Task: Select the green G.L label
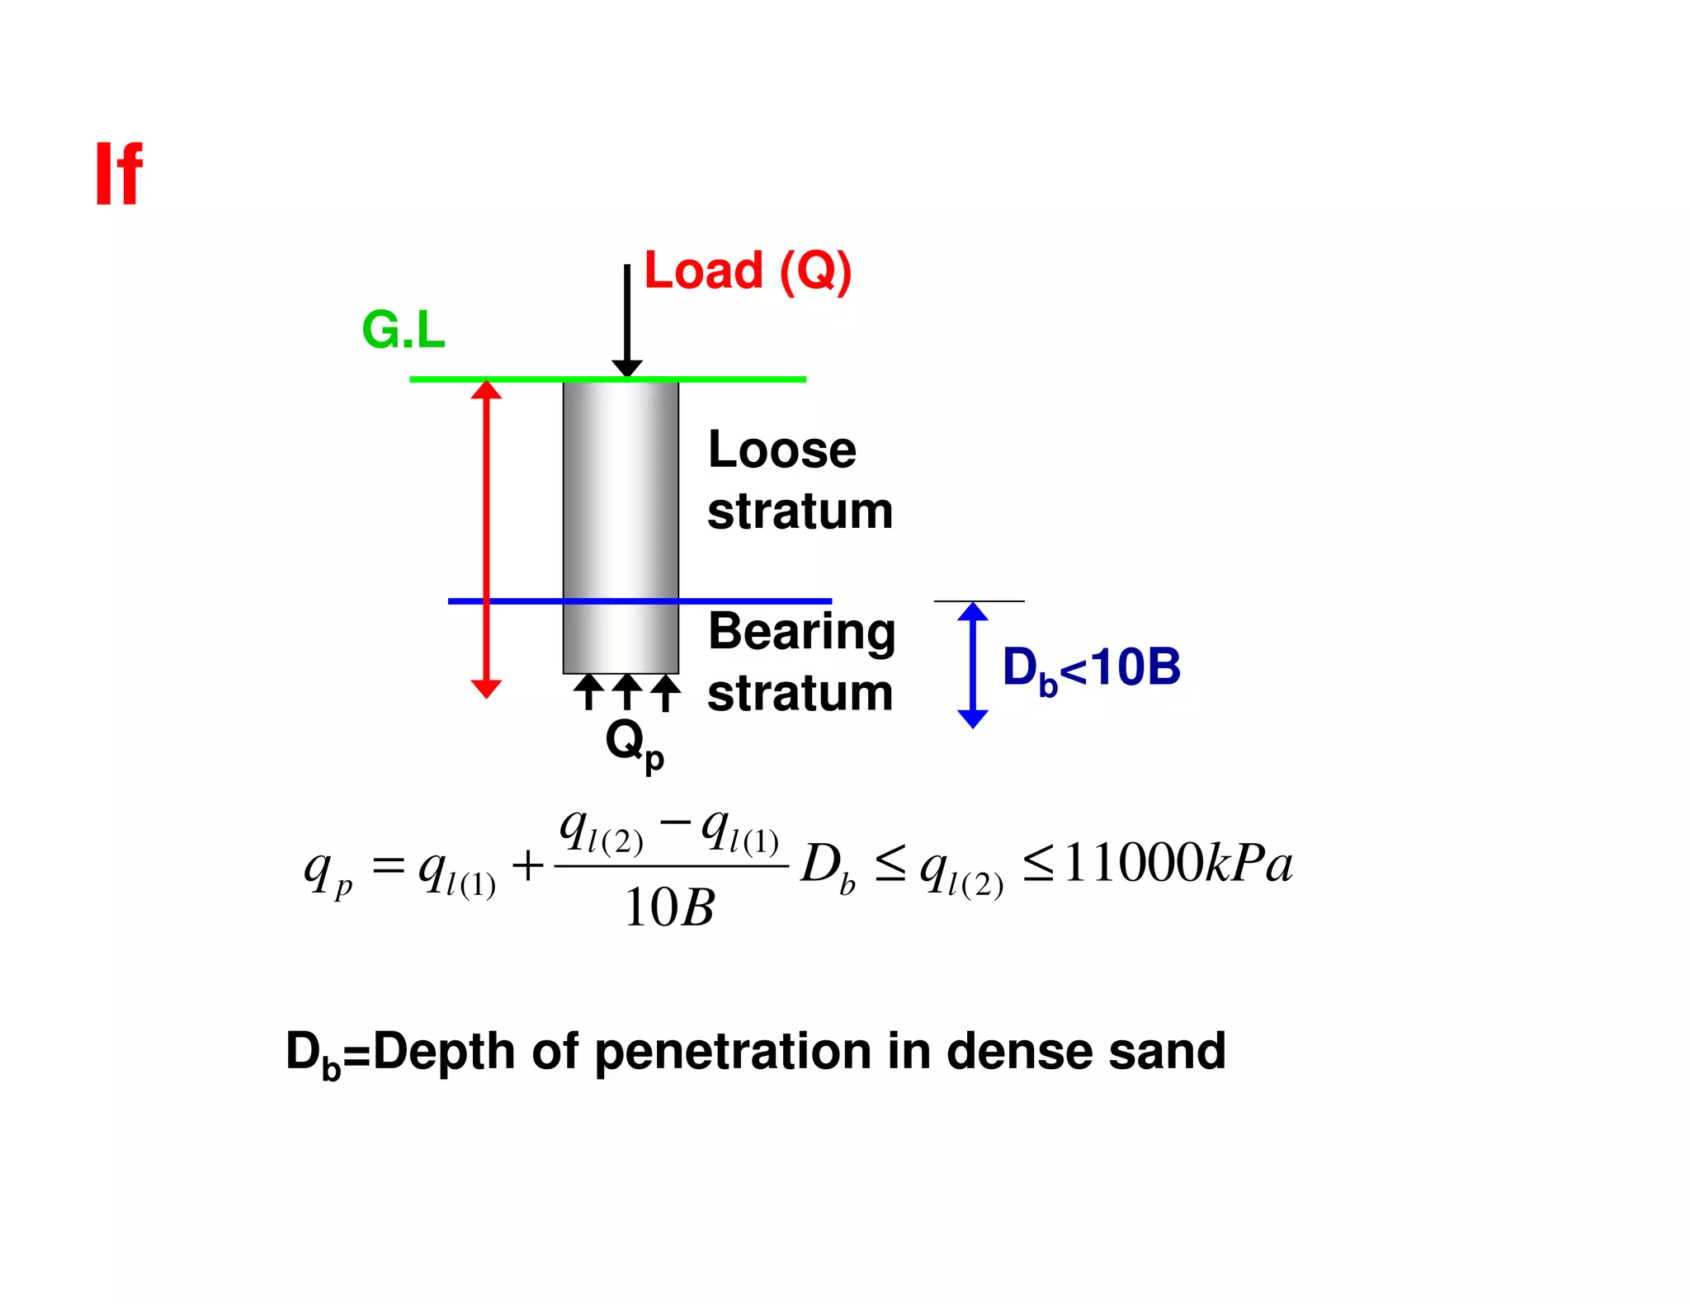pyautogui.click(x=404, y=330)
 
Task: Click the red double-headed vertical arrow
pyautogui.click(x=486, y=536)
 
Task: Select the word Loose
pyautogui.click(x=781, y=450)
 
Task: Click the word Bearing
pyautogui.click(x=801, y=633)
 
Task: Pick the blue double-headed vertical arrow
pyautogui.click(x=973, y=665)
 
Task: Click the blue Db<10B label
pyautogui.click(x=1091, y=668)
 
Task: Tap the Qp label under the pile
pyautogui.click(x=633, y=743)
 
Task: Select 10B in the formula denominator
pyautogui.click(x=669, y=908)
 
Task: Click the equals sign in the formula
pyautogui.click(x=388, y=865)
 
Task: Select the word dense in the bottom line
pyautogui.click(x=1019, y=1052)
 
